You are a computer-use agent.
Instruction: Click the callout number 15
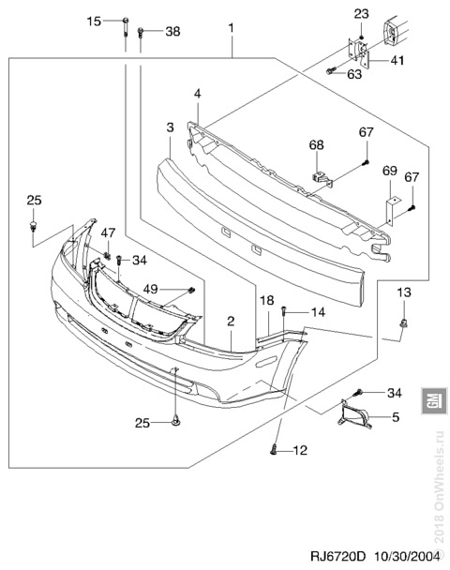pos(94,21)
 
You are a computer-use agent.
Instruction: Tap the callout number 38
pos(172,32)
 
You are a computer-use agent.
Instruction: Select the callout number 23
pos(361,14)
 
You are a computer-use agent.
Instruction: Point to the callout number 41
pos(397,60)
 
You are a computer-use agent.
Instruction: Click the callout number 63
pos(354,74)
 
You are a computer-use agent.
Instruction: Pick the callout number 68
pos(316,145)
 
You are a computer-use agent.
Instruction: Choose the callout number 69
pos(390,171)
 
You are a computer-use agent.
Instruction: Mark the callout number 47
pos(108,232)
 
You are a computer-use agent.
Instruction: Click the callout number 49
pos(151,290)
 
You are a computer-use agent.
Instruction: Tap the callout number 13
pos(403,292)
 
